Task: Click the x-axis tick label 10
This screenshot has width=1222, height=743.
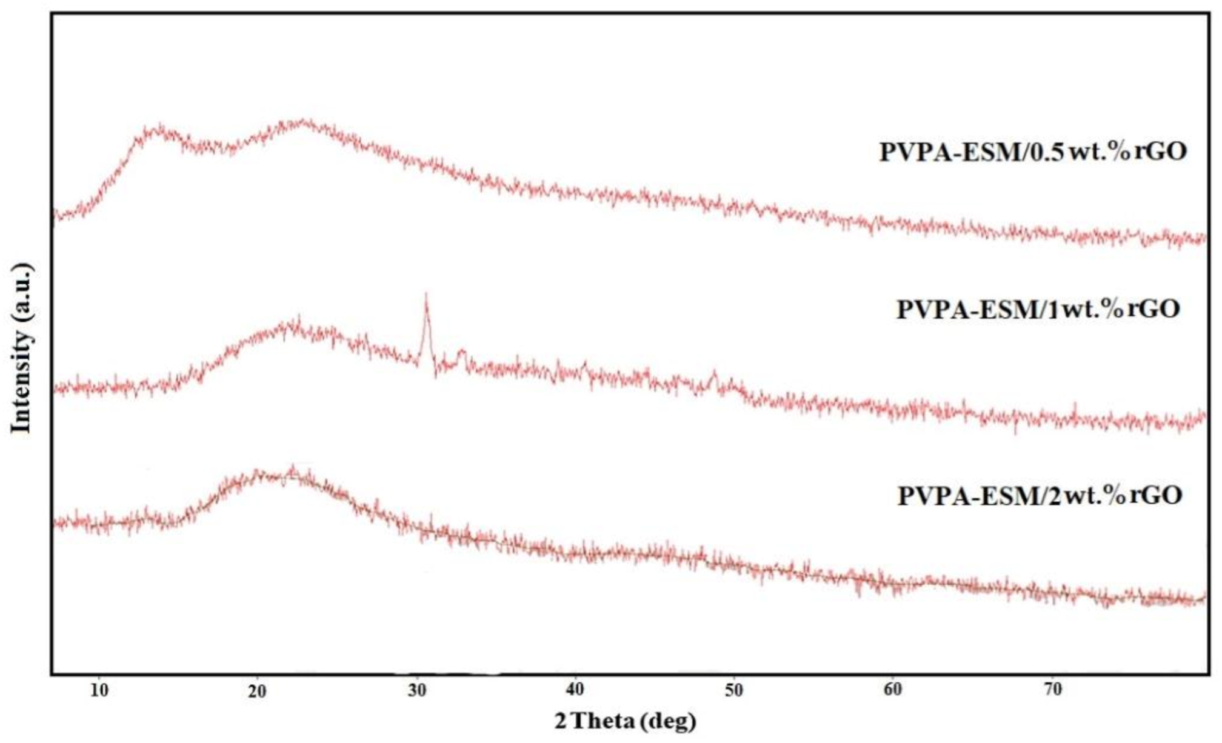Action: point(99,690)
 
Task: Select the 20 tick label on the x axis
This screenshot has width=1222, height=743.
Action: point(257,691)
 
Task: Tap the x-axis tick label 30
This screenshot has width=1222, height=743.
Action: point(416,690)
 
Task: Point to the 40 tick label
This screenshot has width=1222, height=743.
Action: point(575,690)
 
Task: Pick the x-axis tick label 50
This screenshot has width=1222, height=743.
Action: point(733,690)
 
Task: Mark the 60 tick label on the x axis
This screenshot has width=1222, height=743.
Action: point(892,690)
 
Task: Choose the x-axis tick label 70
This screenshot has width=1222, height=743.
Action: point(1052,690)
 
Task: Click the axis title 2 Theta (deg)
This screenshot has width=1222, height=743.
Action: point(625,721)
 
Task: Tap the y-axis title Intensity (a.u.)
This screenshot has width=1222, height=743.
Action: point(21,348)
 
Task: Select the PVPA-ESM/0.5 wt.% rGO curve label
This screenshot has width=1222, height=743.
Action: point(1032,152)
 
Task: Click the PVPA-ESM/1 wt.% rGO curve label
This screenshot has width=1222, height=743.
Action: point(1038,309)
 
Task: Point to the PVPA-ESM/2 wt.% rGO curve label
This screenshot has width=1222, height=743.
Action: point(1039,495)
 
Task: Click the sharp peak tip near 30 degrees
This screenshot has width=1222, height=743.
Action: point(426,295)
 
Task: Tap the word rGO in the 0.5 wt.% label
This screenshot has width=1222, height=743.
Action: point(1160,152)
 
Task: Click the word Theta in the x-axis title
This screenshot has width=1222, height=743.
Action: point(603,721)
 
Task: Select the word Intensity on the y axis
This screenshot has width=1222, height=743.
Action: point(21,382)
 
